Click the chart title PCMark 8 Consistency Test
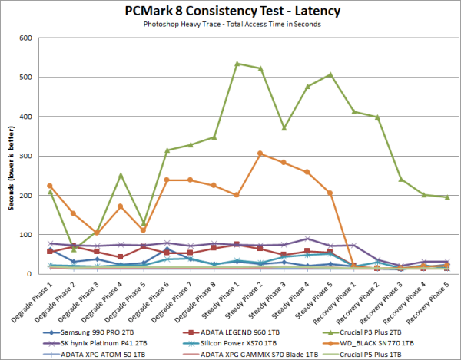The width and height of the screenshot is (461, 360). coord(230,12)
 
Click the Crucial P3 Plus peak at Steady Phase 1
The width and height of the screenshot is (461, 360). coord(237,64)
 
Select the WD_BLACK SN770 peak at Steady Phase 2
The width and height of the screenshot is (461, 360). coord(260,154)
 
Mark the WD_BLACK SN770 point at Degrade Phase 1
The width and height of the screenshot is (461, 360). coord(50,186)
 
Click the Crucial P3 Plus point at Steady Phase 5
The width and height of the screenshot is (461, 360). coord(330,74)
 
